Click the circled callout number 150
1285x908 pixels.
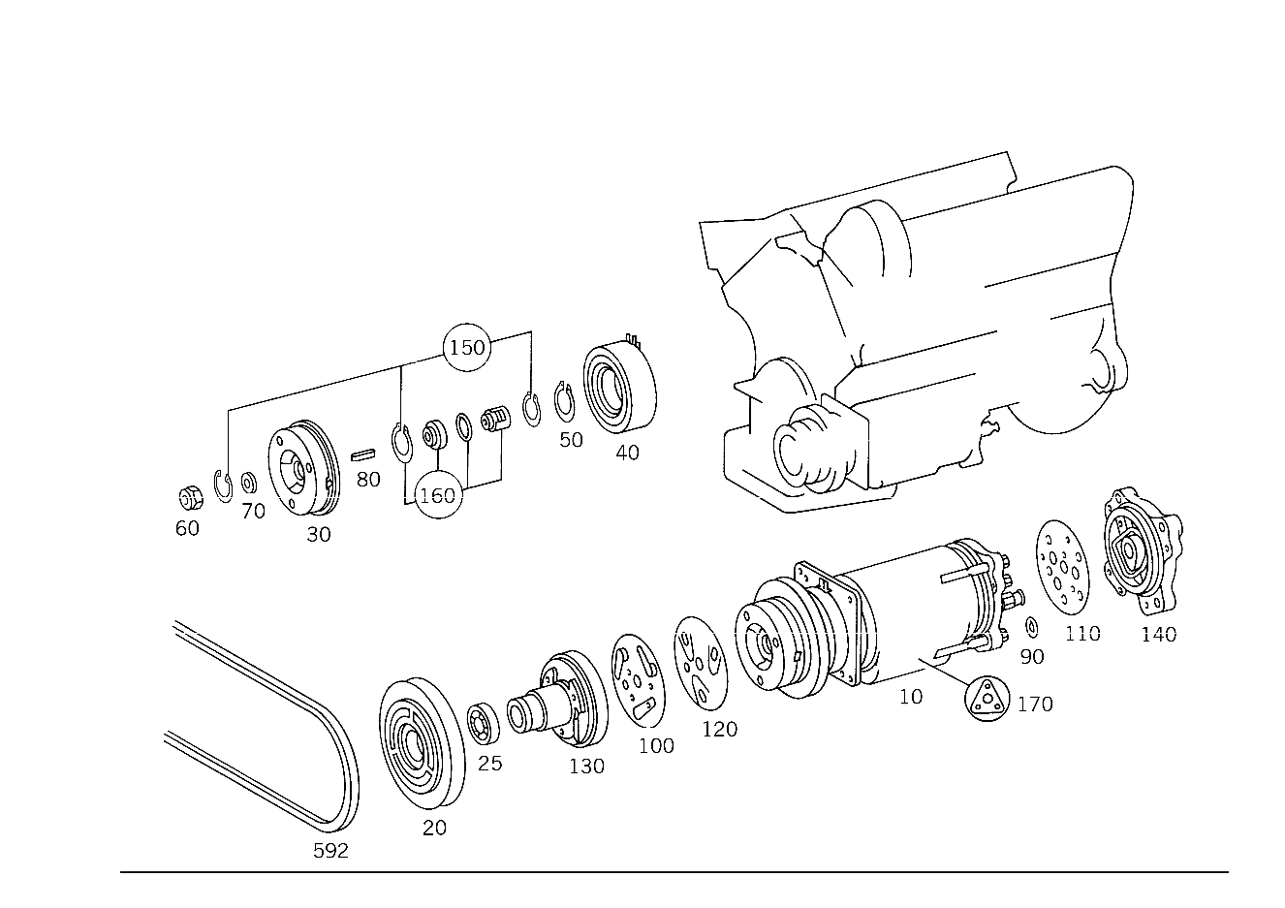pos(467,347)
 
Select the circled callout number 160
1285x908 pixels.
pos(438,495)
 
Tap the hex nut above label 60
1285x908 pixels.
pos(191,498)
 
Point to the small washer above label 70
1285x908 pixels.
pos(249,483)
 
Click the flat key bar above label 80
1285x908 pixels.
pos(363,454)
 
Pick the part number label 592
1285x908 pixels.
pos(330,851)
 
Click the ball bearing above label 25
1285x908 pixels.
pos(483,722)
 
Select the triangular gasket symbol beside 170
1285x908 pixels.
pos(987,699)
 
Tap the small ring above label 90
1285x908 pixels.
pos(1031,628)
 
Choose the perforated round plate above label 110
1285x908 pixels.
pos(1062,567)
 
